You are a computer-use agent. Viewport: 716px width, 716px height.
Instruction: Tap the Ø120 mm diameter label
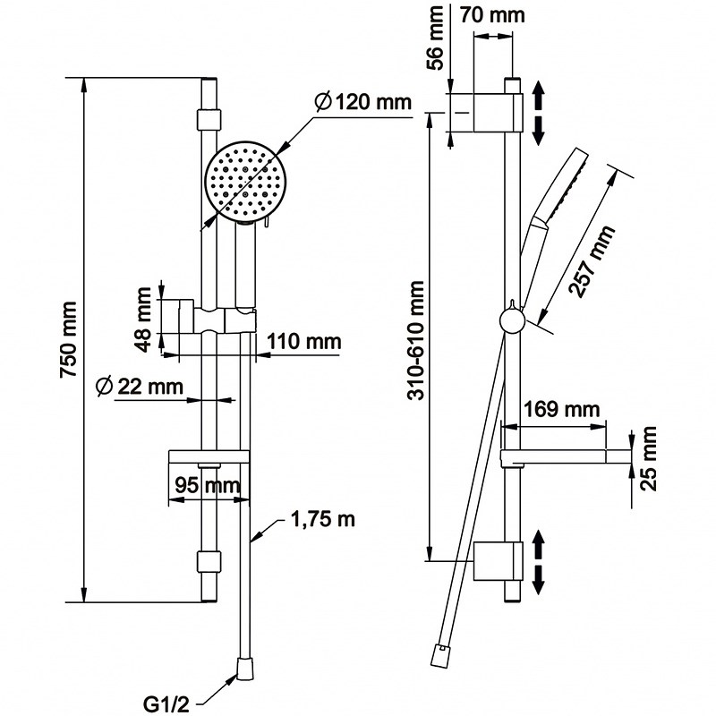point(362,102)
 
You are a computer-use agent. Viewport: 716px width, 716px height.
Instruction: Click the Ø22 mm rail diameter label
point(139,387)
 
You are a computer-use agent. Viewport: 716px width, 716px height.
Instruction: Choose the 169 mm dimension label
point(561,410)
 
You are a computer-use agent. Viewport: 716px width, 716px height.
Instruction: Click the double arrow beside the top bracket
point(539,111)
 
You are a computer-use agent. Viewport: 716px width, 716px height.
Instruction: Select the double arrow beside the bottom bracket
point(539,560)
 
